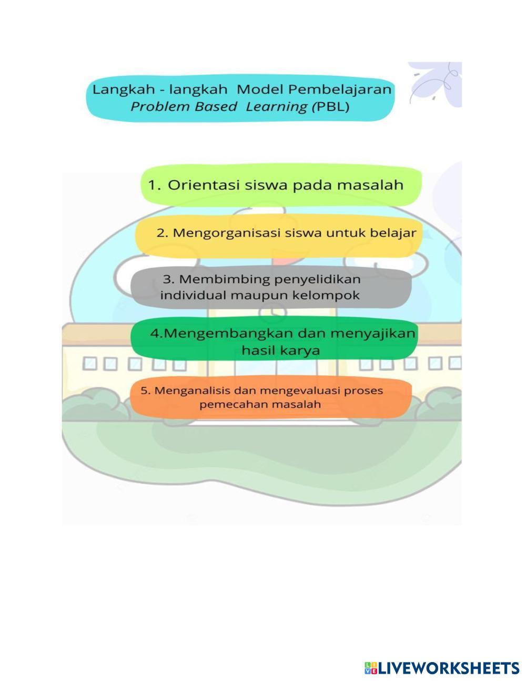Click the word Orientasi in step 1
click(204, 185)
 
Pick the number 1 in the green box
click(153, 185)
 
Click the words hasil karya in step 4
click(280, 350)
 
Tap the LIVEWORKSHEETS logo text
click(448, 668)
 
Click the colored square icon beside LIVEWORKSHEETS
click(370, 668)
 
